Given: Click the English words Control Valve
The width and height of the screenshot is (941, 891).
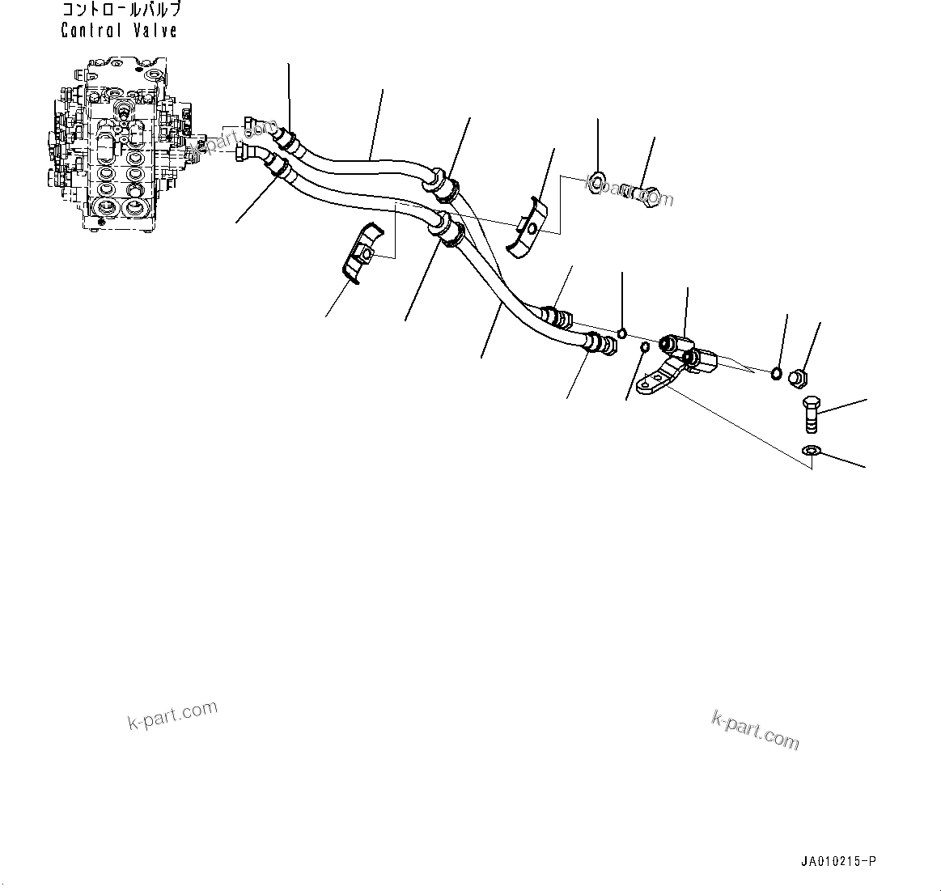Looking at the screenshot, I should coord(119,31).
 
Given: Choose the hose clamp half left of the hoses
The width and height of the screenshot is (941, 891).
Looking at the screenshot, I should coord(360,253).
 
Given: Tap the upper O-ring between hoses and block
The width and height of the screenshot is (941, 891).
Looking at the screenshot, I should coord(621,331).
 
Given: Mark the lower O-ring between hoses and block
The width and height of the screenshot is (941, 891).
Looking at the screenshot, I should coord(644,348).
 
